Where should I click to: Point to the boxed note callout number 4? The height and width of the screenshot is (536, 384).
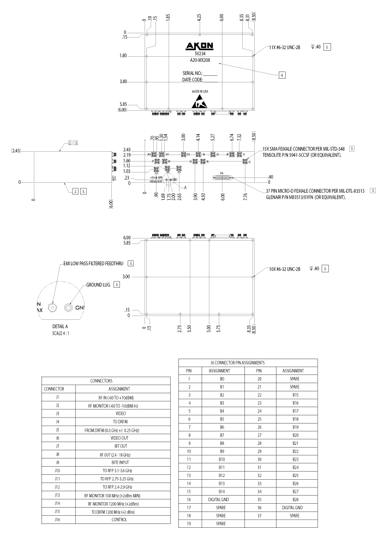pyautogui.click(x=281, y=75)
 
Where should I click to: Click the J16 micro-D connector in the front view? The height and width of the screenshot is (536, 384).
pyautogui.click(x=221, y=177)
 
